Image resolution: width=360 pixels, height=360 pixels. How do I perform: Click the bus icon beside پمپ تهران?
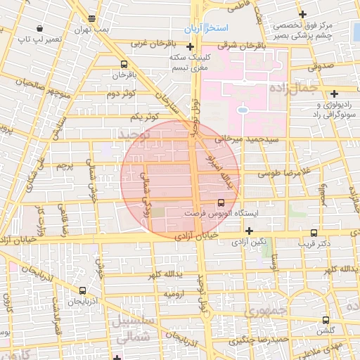pos(92,18)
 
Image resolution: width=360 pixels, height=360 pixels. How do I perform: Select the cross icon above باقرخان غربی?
pos(139,44)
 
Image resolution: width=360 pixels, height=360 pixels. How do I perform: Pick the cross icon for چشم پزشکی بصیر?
pos(302,14)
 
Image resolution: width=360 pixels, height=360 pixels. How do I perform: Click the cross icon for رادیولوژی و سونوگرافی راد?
pos(334,93)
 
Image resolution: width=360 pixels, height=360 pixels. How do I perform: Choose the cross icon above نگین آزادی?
pos(248,230)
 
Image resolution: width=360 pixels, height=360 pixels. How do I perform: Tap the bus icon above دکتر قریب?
pos(314,233)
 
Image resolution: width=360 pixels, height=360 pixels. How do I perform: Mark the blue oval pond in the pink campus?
pos(243,110)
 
